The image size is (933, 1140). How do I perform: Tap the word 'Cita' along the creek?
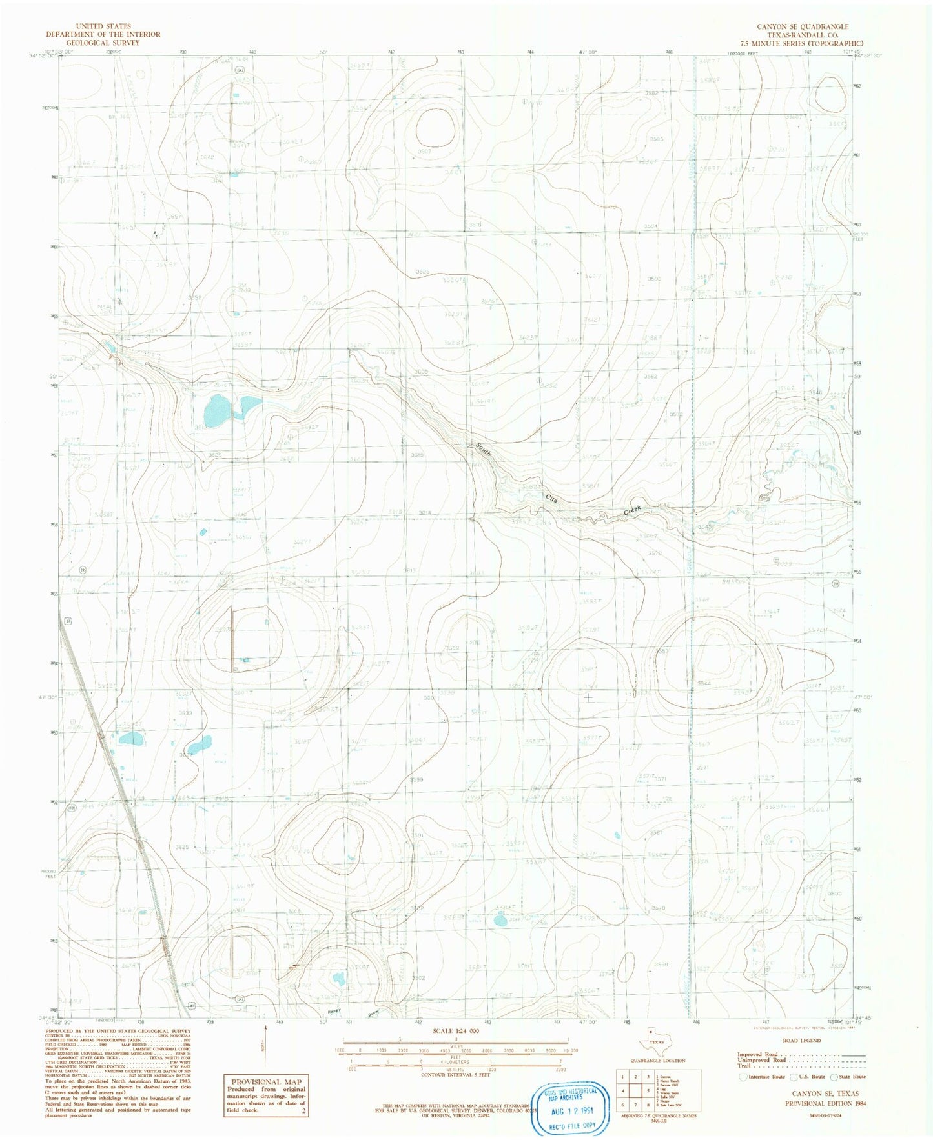coord(551,498)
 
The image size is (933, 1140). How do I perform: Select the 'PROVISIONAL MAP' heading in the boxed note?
coord(265,1081)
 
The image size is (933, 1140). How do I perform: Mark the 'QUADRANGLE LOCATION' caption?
coord(658,1060)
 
